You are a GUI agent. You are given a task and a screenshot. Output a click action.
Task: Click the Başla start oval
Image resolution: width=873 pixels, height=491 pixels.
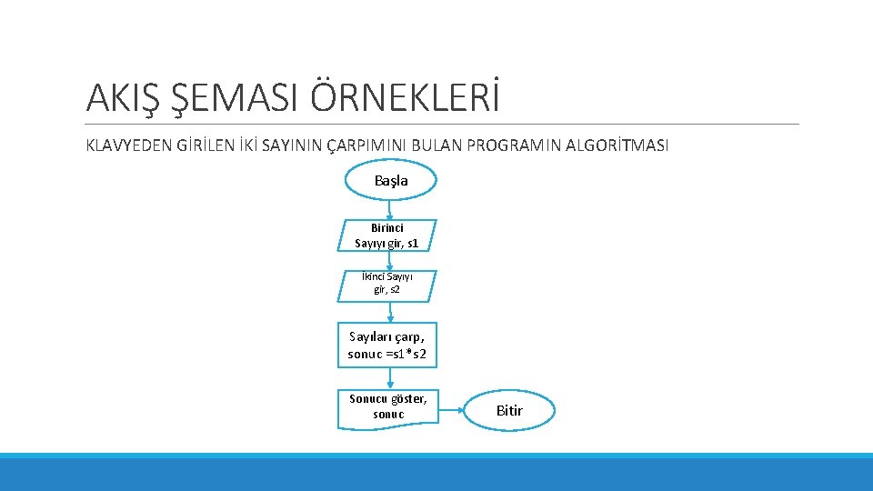pyautogui.click(x=390, y=180)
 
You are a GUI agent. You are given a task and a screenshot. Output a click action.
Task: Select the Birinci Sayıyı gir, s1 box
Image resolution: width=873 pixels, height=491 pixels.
pyautogui.click(x=388, y=235)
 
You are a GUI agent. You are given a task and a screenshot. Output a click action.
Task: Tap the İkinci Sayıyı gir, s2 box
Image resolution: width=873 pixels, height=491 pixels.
pyautogui.click(x=387, y=285)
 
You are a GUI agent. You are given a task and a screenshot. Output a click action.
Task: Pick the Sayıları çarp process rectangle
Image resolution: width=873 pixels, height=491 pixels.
pyautogui.click(x=386, y=346)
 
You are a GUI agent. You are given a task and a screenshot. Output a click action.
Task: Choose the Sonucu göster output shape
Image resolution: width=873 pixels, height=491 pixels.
pyautogui.click(x=387, y=407)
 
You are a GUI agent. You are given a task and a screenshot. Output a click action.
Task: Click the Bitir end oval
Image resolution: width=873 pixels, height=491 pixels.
pyautogui.click(x=509, y=411)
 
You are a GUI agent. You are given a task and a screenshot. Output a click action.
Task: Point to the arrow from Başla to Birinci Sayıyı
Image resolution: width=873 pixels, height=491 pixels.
pyautogui.click(x=390, y=208)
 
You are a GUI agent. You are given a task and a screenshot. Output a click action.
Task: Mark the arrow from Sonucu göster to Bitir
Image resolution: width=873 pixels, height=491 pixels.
pyautogui.click(x=452, y=410)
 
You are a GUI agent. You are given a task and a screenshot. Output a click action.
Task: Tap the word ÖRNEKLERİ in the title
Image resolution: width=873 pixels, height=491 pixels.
pyautogui.click(x=406, y=96)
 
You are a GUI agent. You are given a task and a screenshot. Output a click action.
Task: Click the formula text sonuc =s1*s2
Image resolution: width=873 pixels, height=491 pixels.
pyautogui.click(x=386, y=354)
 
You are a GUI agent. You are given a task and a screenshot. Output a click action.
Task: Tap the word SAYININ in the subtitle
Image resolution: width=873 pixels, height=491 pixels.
pyautogui.click(x=290, y=145)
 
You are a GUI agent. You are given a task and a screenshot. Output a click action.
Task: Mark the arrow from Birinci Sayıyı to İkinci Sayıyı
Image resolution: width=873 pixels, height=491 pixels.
pyautogui.click(x=389, y=261)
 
